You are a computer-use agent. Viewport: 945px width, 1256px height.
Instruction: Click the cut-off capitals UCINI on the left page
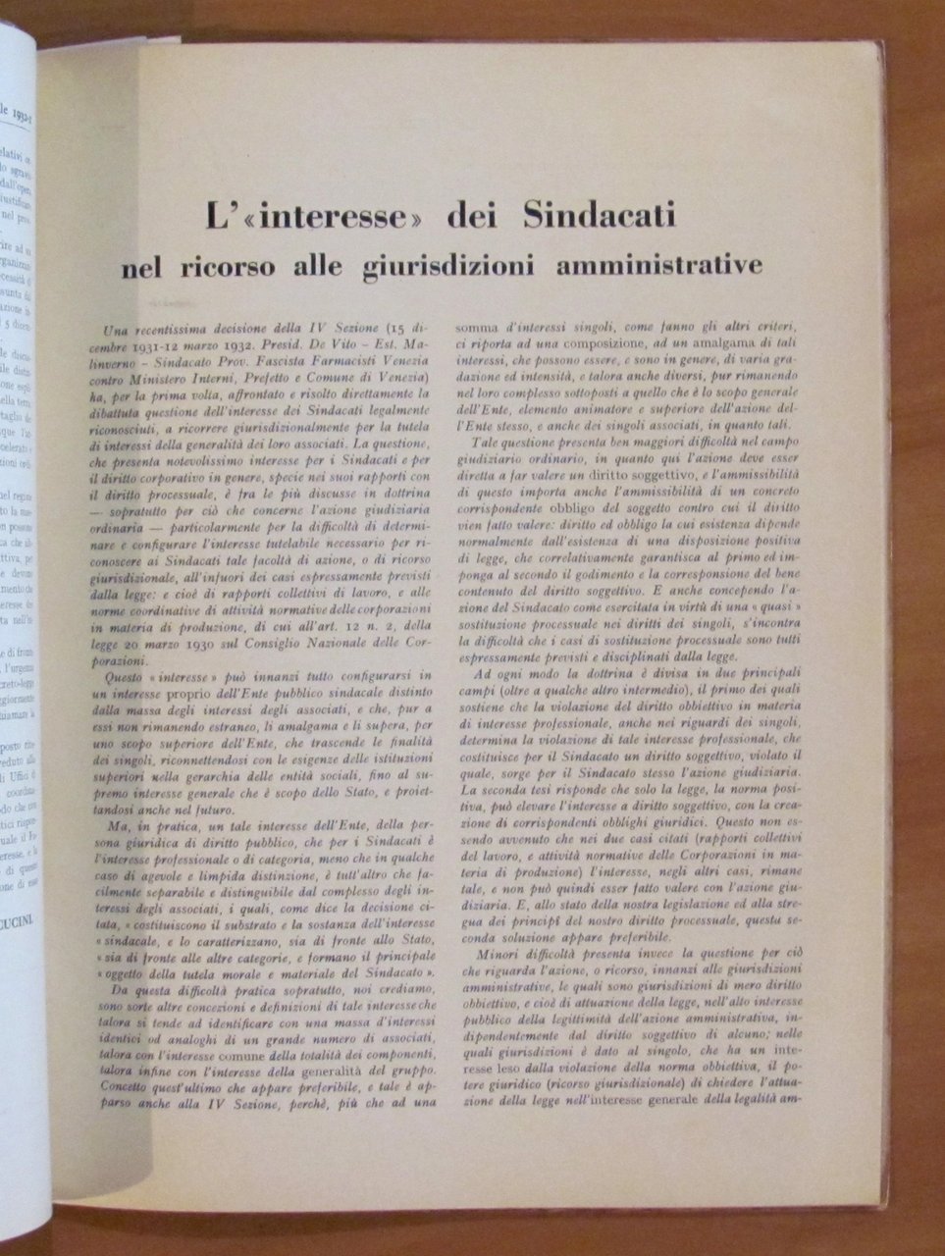pyautogui.click(x=18, y=895)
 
